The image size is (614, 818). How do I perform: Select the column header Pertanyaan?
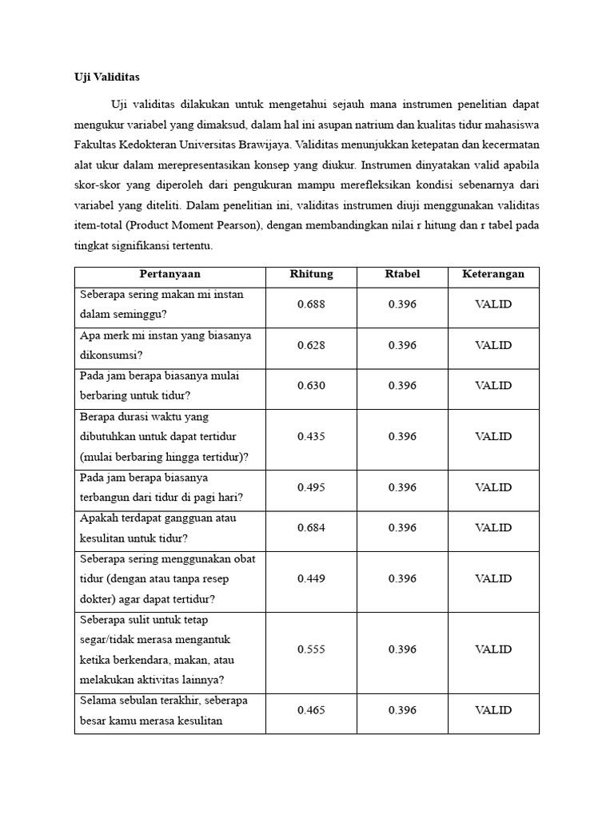[x=169, y=274]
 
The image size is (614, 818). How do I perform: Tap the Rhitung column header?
[x=311, y=274]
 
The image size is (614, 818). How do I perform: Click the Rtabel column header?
[x=402, y=274]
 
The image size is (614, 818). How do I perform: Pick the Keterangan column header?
[x=493, y=274]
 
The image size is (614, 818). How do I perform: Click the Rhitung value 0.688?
[x=311, y=304]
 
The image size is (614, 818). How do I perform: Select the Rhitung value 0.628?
[x=311, y=345]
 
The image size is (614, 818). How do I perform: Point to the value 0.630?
[x=311, y=385]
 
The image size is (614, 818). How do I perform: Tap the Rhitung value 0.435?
[x=311, y=436]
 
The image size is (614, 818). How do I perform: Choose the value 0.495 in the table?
[x=311, y=487]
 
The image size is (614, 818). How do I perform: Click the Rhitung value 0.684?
[x=311, y=527]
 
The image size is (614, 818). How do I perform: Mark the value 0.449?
[x=311, y=578]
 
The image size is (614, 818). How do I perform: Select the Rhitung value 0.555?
[x=311, y=649]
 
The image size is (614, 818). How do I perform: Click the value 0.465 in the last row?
[x=311, y=709]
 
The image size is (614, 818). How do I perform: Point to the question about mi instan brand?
[x=165, y=345]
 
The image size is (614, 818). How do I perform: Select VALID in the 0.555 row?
[x=493, y=649]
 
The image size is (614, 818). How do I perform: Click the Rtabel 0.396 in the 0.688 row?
[x=402, y=304]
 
